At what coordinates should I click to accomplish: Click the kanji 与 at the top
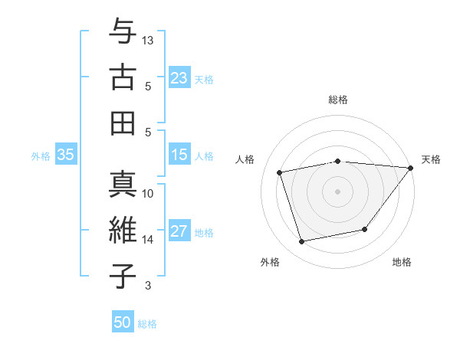122,31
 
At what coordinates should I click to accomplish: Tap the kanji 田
122,123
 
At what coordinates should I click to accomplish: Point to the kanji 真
122,185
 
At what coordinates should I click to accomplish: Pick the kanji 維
122,231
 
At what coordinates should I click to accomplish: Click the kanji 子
122,277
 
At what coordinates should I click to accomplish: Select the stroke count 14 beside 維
148,240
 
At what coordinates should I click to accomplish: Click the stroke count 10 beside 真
148,194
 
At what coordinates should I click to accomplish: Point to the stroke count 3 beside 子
148,286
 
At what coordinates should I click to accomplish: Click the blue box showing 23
179,77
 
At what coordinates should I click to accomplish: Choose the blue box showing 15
179,155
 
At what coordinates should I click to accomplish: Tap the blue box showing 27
179,232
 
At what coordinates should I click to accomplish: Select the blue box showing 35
65,155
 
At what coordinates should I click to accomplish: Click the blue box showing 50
123,322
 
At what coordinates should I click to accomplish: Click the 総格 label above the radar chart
337,100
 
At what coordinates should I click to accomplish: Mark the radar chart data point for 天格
410,168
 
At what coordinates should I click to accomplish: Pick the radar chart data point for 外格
302,242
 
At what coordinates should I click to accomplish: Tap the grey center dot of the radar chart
337,191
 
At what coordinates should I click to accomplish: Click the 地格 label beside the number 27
204,233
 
